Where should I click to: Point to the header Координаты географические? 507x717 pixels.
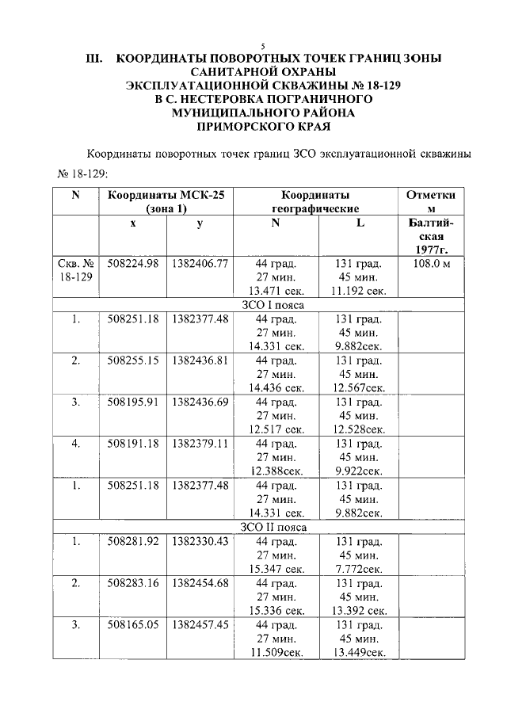(314, 201)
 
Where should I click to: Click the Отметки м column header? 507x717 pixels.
(431, 201)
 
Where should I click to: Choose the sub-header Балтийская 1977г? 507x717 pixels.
(431, 237)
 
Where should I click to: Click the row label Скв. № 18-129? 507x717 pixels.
(77, 270)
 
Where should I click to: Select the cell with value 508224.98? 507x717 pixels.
(133, 264)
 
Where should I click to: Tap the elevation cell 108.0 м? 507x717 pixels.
(431, 264)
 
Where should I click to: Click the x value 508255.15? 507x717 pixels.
(133, 360)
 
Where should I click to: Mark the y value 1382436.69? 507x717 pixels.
(199, 402)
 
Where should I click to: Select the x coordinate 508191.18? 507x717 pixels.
(133, 443)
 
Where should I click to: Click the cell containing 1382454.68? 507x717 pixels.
(199, 583)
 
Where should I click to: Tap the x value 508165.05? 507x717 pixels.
(133, 624)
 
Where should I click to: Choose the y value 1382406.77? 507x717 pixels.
(199, 264)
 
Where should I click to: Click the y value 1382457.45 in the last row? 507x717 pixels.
(199, 624)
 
